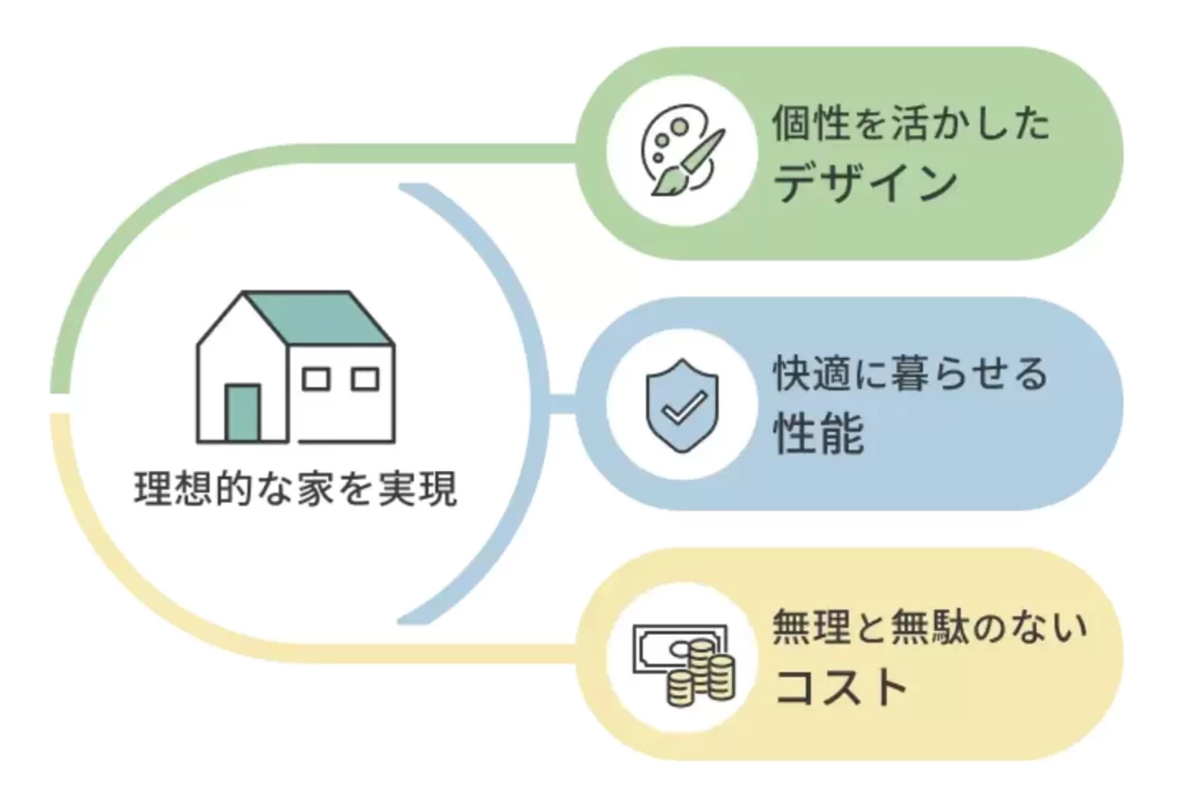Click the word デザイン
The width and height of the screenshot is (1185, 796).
(x=864, y=184)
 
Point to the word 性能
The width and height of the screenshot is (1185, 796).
(x=818, y=434)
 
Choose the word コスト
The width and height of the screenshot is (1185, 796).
(x=841, y=686)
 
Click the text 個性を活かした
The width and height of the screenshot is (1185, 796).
(x=911, y=123)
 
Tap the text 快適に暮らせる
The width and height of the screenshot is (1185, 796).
(x=911, y=374)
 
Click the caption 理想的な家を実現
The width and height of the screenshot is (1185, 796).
(x=295, y=489)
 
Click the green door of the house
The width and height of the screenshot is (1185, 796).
(x=243, y=412)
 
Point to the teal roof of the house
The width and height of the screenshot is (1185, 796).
(x=318, y=318)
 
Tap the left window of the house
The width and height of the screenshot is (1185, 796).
(x=315, y=379)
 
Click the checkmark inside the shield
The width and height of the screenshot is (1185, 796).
(x=684, y=407)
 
